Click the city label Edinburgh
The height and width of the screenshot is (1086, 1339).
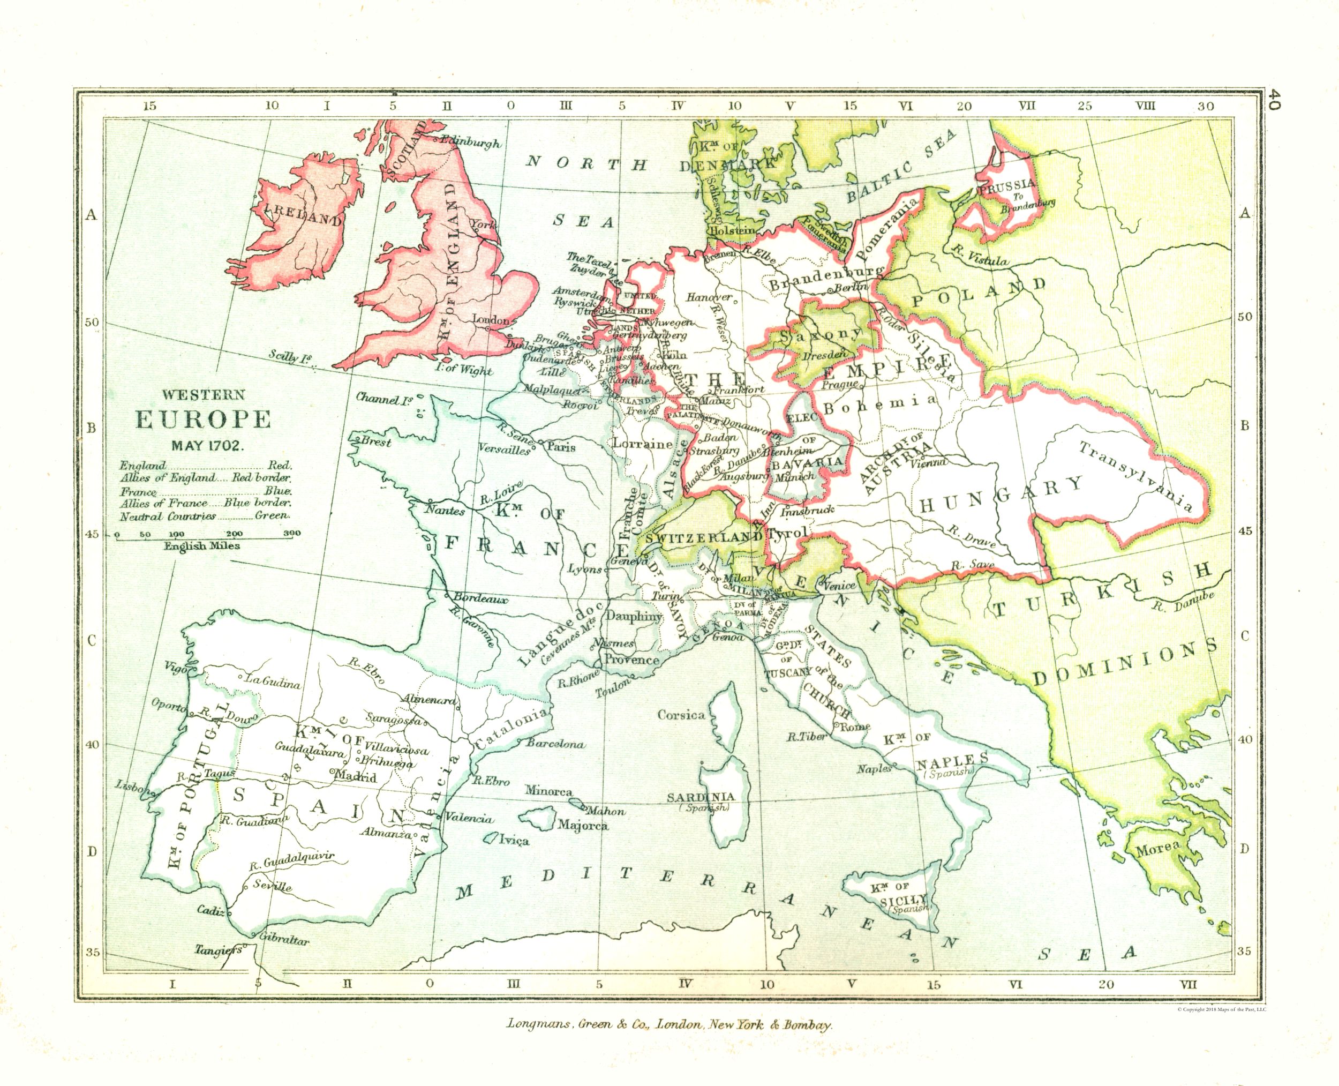470,143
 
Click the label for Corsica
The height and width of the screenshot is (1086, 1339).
681,715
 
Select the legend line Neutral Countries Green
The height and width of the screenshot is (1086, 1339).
205,516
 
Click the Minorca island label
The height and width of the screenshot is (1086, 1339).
548,791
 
